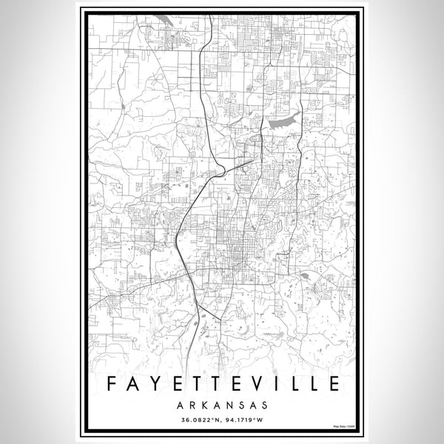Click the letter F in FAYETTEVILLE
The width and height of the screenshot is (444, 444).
point(108,384)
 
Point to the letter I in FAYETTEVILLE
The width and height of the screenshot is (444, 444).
point(275,384)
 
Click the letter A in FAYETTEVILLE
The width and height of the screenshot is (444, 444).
point(129,384)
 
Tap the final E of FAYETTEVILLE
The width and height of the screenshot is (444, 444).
point(334,384)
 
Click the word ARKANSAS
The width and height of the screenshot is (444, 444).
point(222,406)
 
